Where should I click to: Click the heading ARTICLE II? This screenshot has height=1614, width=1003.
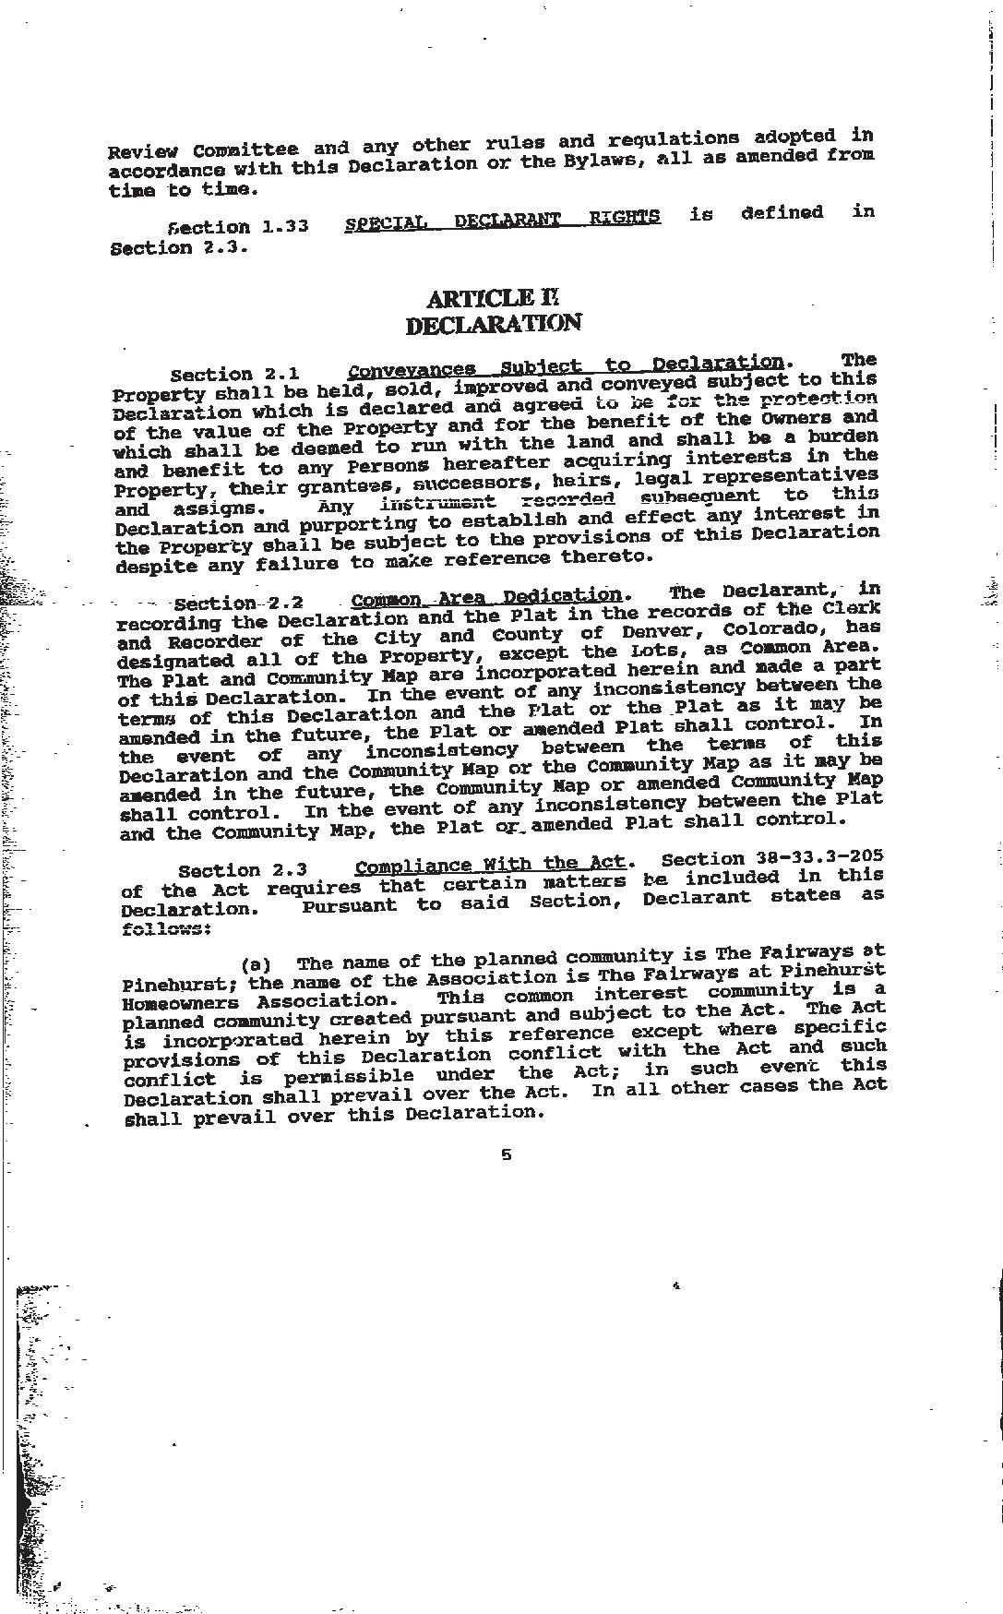(x=493, y=298)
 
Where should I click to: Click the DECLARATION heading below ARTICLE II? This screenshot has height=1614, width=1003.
(x=494, y=324)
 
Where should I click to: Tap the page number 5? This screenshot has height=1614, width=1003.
(x=506, y=1154)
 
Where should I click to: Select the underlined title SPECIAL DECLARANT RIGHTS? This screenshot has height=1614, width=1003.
(x=502, y=220)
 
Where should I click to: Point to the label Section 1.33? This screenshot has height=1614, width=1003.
(x=238, y=227)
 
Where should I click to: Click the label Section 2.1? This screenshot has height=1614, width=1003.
(x=234, y=374)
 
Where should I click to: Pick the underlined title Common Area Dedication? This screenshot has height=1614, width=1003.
(x=487, y=597)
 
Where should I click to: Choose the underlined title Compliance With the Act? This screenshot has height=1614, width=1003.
(x=490, y=865)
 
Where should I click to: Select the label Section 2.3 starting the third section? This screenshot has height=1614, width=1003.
(x=242, y=870)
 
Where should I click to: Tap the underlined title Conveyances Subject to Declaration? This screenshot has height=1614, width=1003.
(x=567, y=366)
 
